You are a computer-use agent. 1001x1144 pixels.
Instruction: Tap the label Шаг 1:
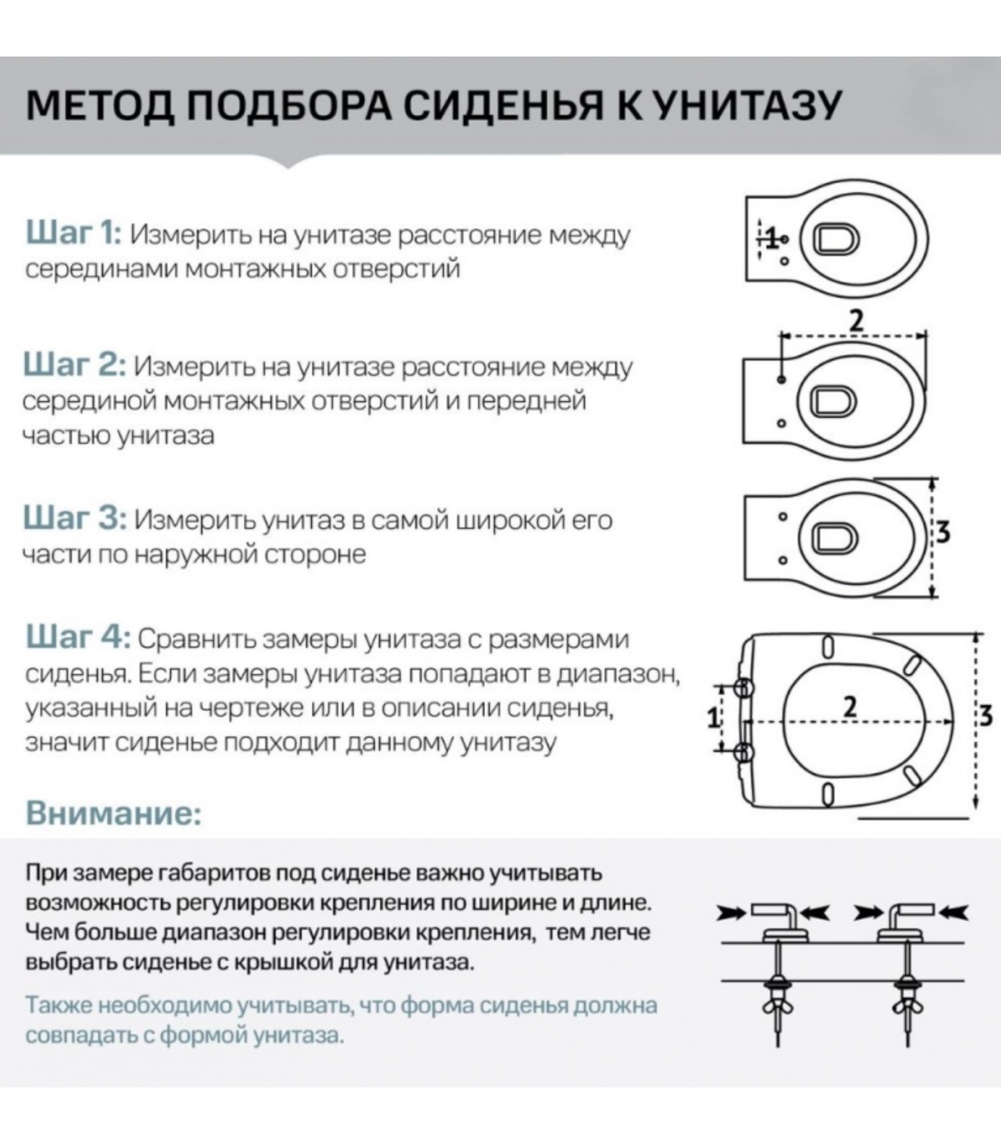(74, 234)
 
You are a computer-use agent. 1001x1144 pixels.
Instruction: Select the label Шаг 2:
(74, 365)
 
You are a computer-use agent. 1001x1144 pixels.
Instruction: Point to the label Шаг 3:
(74, 518)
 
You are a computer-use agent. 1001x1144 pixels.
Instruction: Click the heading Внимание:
(114, 813)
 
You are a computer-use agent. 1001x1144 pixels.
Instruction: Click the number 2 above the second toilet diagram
(856, 320)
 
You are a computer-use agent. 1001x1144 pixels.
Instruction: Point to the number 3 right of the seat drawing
(986, 714)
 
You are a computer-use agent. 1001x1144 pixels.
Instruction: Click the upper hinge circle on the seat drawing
(744, 688)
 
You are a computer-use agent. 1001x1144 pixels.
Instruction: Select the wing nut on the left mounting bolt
(776, 1006)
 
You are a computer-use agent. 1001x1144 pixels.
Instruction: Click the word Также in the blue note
(59, 1005)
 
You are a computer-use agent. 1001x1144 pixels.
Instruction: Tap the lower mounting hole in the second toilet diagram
(781, 424)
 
